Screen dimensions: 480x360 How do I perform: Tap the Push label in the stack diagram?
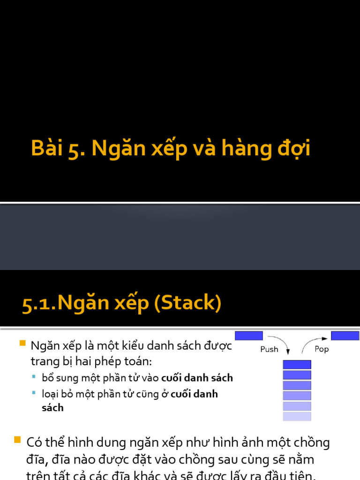point(269,349)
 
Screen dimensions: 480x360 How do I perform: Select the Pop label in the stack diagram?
point(322,349)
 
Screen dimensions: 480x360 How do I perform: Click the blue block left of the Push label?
point(248,336)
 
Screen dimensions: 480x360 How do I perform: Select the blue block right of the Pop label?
point(345,336)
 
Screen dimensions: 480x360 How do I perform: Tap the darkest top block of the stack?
point(297,364)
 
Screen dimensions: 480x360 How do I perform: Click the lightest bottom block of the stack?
point(297,416)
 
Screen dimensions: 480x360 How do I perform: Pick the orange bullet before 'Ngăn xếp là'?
point(22,344)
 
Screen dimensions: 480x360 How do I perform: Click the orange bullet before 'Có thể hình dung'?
point(18,440)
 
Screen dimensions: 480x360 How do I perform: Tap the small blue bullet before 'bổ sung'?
point(34,376)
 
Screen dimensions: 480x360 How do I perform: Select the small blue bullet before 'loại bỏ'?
point(34,392)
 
